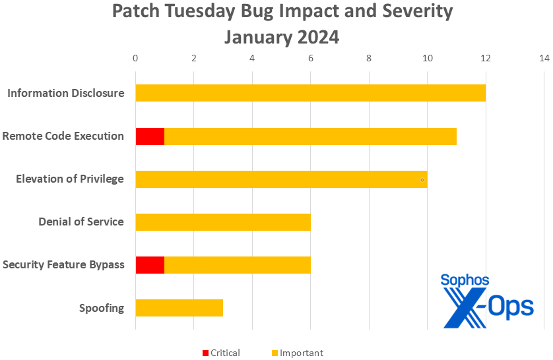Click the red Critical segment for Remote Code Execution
[150, 136]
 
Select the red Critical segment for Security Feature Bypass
[150, 265]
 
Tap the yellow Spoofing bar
[179, 308]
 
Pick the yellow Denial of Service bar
[222, 222]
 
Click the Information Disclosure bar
[310, 93]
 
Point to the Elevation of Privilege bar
[281, 179]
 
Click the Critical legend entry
[221, 353]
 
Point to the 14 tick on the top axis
[544, 59]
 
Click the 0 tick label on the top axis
[135, 59]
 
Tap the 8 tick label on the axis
[369, 59]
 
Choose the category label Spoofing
[102, 308]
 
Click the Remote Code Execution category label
[63, 136]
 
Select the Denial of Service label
[81, 222]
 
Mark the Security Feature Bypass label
[63, 265]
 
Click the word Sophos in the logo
[465, 280]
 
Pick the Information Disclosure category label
[66, 93]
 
